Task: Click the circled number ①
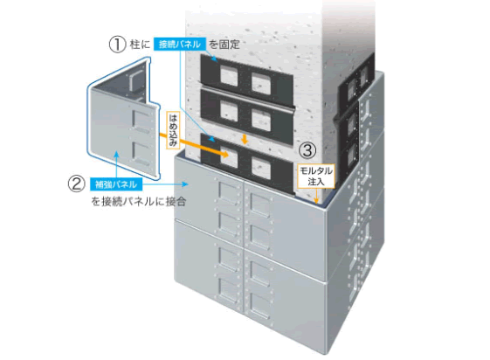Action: pos(117,45)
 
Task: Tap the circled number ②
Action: pos(77,183)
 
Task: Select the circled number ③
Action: pos(307,150)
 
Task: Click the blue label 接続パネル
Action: pos(180,45)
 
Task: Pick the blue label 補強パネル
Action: pos(116,184)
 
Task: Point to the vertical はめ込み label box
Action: pos(173,129)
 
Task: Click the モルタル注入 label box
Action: pos(316,176)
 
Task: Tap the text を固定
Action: pos(224,45)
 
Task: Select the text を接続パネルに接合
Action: pos(138,201)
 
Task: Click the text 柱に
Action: pos(140,45)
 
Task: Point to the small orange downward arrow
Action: pos(245,139)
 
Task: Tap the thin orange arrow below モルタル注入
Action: pos(316,196)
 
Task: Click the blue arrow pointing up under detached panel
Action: pos(116,164)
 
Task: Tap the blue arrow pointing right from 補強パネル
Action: pos(165,184)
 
